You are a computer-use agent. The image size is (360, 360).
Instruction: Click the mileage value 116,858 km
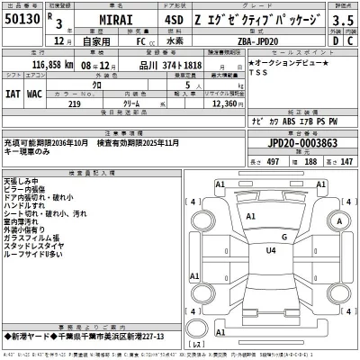[x=45, y=65]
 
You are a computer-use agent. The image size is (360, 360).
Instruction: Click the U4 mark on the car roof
[x=269, y=251]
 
